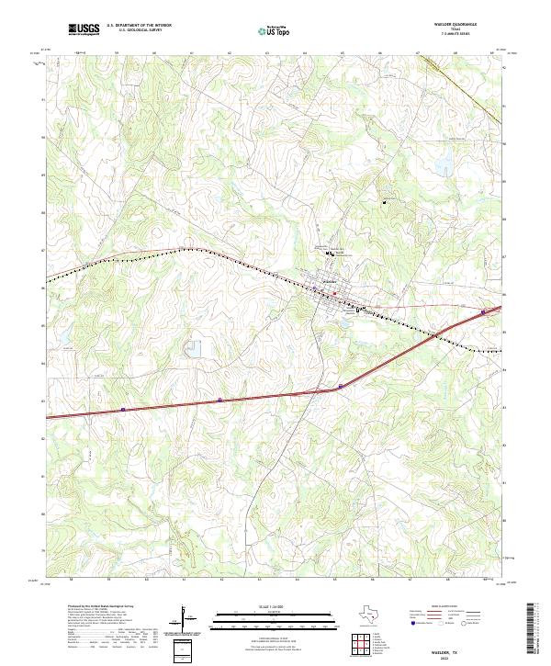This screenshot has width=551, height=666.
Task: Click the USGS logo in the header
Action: coord(84,29)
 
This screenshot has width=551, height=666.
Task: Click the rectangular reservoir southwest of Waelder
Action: coord(193,348)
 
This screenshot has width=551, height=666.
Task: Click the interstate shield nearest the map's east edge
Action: coord(483,313)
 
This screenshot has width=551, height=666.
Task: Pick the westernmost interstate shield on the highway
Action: coord(122,409)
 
